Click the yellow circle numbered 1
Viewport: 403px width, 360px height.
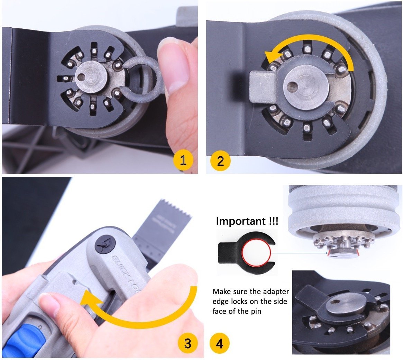click(x=183, y=160)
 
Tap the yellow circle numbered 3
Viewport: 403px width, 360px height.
click(x=187, y=343)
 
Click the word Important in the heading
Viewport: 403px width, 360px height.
click(x=238, y=221)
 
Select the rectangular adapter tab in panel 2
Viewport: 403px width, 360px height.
click(x=261, y=86)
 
